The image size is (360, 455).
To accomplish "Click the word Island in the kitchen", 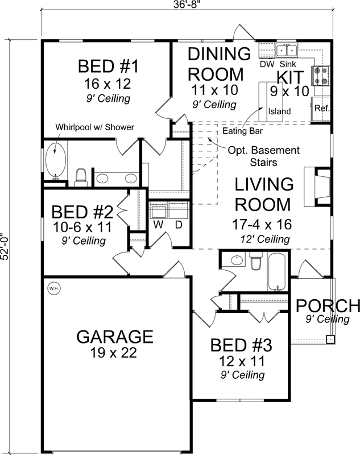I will [x=280, y=111].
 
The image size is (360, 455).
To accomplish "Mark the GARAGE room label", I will [x=115, y=336].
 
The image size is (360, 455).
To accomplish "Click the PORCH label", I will [x=328, y=306].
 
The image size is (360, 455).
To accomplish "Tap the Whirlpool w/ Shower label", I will [x=94, y=127].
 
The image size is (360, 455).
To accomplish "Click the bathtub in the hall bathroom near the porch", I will [x=278, y=272].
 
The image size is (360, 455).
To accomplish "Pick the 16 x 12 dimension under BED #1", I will [x=108, y=84].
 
